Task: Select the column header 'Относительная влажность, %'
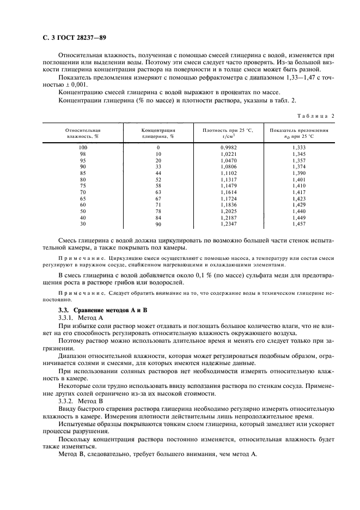[83, 133]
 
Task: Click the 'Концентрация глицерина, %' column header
[158, 133]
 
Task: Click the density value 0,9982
[229, 148]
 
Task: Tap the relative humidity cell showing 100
[83, 148]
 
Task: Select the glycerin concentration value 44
[158, 173]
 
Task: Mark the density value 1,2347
[229, 224]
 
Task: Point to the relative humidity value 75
[83, 186]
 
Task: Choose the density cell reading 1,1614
[229, 192]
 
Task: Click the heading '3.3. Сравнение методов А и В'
[95, 310]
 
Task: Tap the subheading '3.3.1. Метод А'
[80, 317]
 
